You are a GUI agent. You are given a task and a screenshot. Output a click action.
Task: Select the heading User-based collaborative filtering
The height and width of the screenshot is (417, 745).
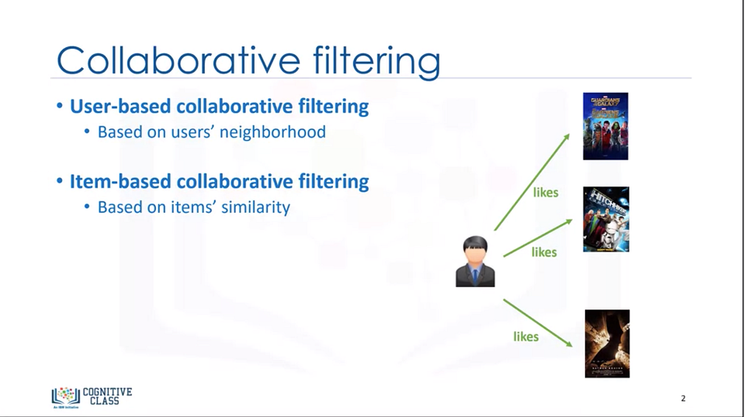(219, 107)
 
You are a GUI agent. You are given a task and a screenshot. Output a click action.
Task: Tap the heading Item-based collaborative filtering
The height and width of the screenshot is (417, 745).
(219, 181)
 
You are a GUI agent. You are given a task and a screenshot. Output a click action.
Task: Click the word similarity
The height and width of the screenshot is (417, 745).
(256, 207)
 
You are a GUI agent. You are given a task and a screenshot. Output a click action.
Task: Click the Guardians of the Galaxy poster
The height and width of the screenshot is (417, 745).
(605, 126)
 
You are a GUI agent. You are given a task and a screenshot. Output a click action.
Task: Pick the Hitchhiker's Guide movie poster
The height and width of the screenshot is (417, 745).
(606, 219)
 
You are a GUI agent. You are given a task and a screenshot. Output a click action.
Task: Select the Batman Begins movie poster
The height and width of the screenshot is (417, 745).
(607, 344)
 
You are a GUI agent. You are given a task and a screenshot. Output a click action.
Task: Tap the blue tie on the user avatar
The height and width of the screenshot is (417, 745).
(475, 275)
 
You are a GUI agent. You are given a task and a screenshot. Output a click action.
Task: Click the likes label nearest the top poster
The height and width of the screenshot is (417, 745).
(546, 193)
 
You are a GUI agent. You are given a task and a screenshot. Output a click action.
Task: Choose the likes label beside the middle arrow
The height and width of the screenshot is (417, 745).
(544, 252)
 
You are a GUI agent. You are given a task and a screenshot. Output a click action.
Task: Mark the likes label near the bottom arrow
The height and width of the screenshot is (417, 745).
(526, 336)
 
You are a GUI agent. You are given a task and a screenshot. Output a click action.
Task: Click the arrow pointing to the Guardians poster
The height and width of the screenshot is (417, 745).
(532, 181)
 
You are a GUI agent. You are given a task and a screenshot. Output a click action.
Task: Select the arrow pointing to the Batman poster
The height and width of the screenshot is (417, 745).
(537, 323)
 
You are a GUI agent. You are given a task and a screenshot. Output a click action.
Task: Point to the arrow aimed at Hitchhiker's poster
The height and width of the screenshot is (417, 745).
(537, 238)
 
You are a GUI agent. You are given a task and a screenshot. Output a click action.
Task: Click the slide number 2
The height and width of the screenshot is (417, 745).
(683, 398)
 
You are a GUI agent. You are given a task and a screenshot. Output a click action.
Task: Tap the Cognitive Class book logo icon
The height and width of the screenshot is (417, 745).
(65, 396)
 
